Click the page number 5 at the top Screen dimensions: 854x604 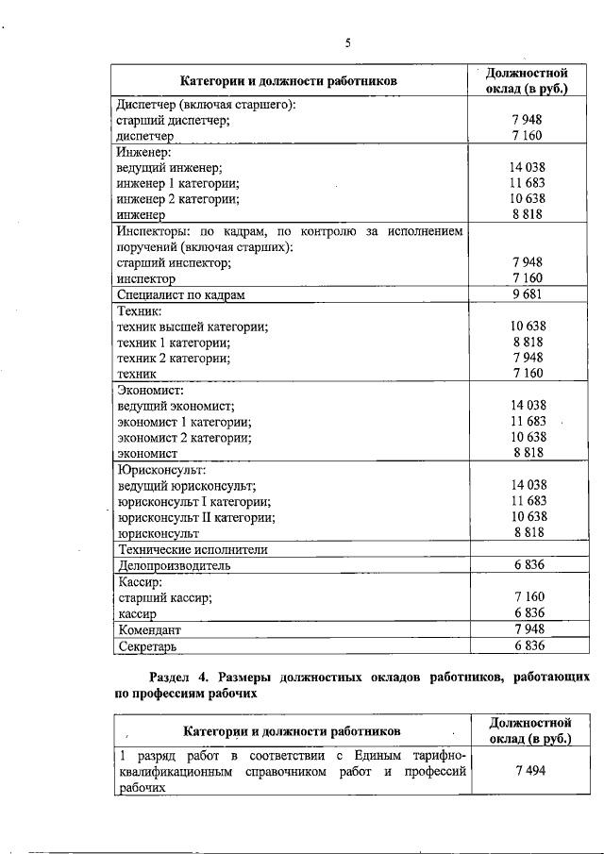(x=347, y=43)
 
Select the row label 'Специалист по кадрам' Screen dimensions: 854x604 (x=180, y=295)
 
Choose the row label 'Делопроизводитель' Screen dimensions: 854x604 (x=174, y=566)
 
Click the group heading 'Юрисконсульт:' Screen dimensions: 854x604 (x=160, y=469)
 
